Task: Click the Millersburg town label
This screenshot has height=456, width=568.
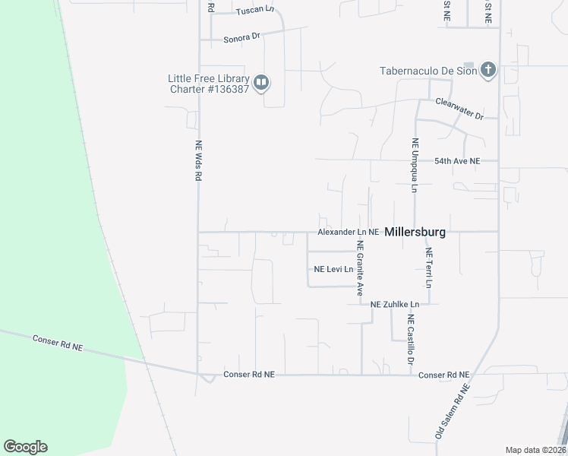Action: click(x=415, y=232)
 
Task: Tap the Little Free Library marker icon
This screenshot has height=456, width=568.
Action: click(x=261, y=82)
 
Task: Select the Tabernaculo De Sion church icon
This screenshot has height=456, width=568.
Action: click(x=488, y=71)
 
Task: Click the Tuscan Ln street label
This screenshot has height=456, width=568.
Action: click(x=254, y=10)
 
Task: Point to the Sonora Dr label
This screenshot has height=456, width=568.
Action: click(x=241, y=36)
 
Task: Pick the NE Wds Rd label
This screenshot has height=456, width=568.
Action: click(x=198, y=160)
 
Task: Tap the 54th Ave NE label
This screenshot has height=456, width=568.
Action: click(x=457, y=161)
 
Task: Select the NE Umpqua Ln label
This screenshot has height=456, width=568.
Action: click(x=415, y=165)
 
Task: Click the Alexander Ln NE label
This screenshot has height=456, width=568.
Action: click(x=348, y=231)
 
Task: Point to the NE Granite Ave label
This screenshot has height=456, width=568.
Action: click(x=361, y=268)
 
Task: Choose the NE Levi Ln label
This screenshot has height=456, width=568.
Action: click(x=334, y=269)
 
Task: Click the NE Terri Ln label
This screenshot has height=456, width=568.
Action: click(x=429, y=268)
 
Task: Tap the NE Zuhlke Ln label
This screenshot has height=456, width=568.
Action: click(x=400, y=304)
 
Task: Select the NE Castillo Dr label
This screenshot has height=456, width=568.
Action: click(x=410, y=337)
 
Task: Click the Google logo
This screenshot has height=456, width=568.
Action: click(x=25, y=447)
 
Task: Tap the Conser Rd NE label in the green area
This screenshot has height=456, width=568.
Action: click(x=57, y=342)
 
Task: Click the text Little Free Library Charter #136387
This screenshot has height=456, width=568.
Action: click(x=209, y=83)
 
